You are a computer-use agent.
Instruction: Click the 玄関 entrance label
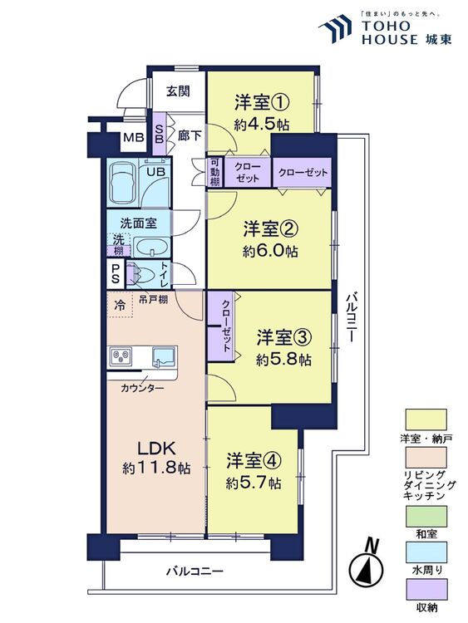(178, 91)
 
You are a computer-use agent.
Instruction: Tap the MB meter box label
(133, 138)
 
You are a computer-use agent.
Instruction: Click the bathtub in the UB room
(122, 184)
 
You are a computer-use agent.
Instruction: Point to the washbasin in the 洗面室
(150, 248)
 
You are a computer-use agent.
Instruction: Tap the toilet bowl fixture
(145, 274)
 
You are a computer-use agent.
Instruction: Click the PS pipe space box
(116, 274)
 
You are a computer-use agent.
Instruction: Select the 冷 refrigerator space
(120, 305)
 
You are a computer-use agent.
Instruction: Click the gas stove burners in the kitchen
(121, 356)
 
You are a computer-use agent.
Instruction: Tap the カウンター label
(142, 388)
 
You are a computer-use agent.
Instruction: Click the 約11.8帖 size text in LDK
(156, 468)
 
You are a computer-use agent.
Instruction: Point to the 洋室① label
(261, 102)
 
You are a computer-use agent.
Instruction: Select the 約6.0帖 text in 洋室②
(270, 251)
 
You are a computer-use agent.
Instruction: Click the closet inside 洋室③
(221, 326)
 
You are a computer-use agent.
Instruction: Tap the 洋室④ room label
(254, 461)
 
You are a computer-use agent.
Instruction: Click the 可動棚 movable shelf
(214, 173)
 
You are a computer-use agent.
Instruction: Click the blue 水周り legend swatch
(426, 552)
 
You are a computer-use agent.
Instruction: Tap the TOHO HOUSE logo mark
(335, 28)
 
